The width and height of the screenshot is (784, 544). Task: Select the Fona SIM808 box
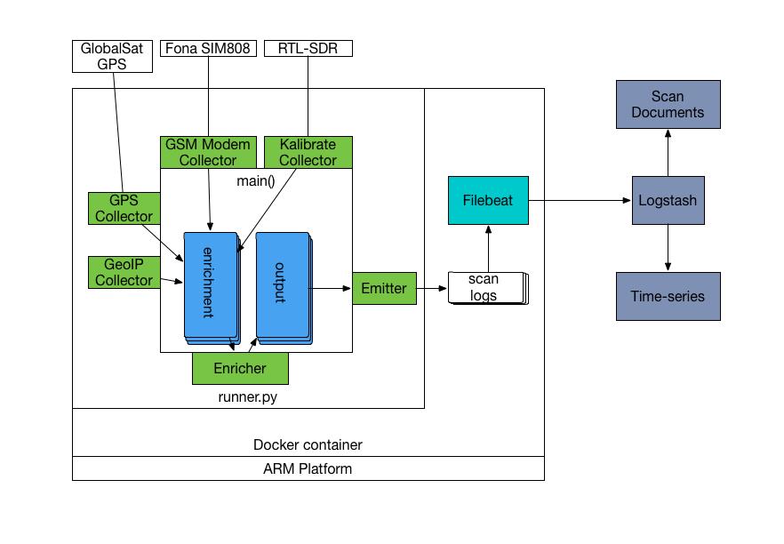tap(207, 48)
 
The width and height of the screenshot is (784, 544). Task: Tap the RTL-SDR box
tap(308, 48)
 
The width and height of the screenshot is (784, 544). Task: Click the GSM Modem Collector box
tap(208, 152)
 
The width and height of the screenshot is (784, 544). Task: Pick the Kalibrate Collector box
tap(308, 152)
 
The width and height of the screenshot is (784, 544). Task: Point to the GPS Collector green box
tap(124, 208)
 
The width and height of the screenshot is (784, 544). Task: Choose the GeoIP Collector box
tap(124, 272)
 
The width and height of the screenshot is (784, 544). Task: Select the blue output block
tap(281, 284)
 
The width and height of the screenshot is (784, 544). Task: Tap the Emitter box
tap(384, 288)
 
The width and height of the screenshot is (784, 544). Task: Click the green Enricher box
tap(240, 368)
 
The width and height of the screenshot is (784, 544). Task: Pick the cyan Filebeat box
tap(488, 201)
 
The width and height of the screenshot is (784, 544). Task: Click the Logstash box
tap(667, 201)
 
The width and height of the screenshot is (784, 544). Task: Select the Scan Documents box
tap(668, 104)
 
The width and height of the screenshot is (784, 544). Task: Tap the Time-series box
tap(668, 296)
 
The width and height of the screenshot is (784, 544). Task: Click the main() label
tap(256, 181)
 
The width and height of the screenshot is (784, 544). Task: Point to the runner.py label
tap(247, 397)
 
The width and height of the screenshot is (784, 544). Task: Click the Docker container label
tap(308, 444)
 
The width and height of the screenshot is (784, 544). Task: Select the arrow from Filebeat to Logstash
tap(578, 201)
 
